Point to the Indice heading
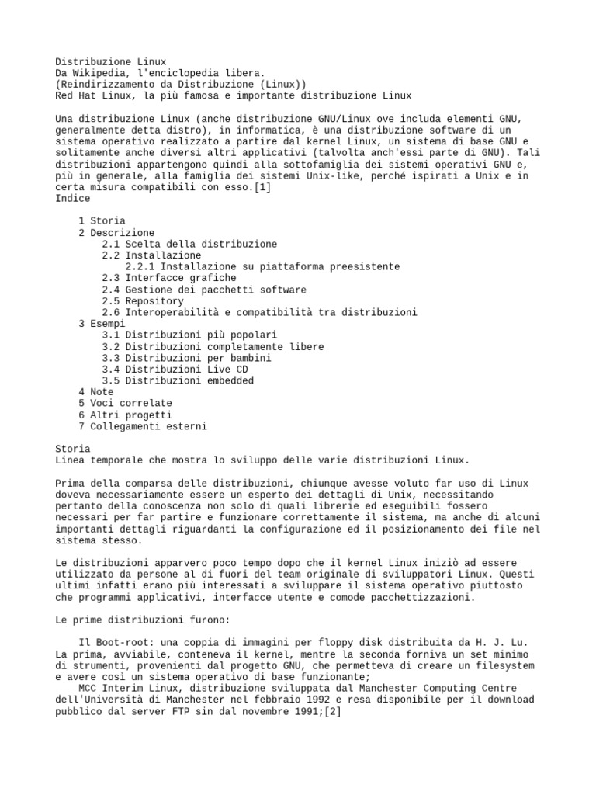73,199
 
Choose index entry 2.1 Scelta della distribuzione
189,244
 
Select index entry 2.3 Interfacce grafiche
169,278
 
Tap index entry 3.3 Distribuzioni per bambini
186,358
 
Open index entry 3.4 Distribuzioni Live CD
178,370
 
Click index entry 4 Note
96,392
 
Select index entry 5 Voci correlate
125,404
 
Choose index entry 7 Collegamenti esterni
143,426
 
